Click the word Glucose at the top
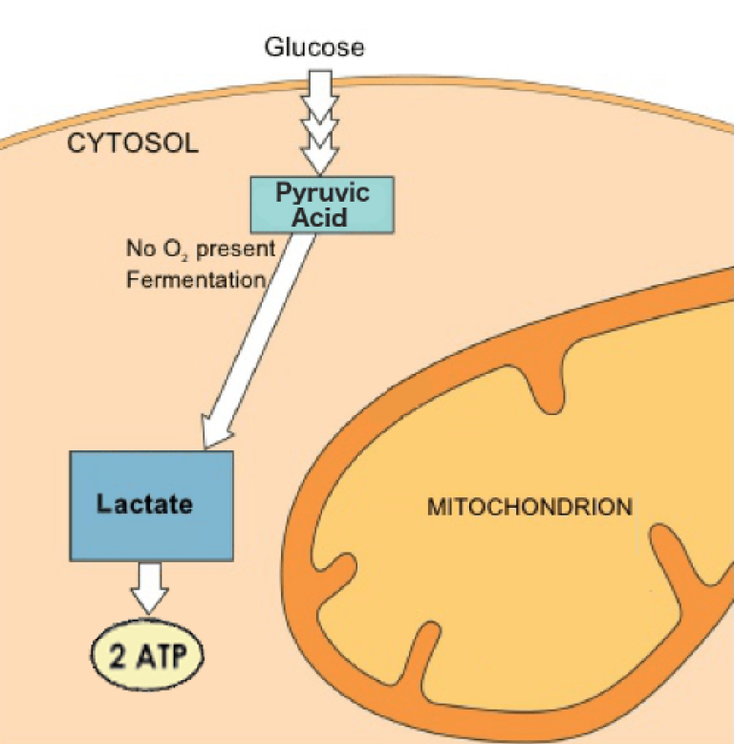click(314, 48)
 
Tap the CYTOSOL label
click(133, 143)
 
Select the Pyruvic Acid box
click(322, 205)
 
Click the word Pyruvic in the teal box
click(322, 193)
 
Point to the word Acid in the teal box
click(319, 218)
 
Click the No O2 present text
click(201, 249)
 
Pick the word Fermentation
click(196, 279)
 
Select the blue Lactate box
click(152, 506)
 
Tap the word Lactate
click(144, 504)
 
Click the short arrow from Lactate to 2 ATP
click(150, 588)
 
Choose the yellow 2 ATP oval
click(147, 655)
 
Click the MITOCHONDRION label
click(529, 507)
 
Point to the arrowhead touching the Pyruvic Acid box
click(320, 162)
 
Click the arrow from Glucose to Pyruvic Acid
click(320, 123)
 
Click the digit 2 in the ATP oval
click(119, 656)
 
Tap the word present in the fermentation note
click(236, 250)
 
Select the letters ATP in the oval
click(162, 656)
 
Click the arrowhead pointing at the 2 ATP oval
click(150, 602)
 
